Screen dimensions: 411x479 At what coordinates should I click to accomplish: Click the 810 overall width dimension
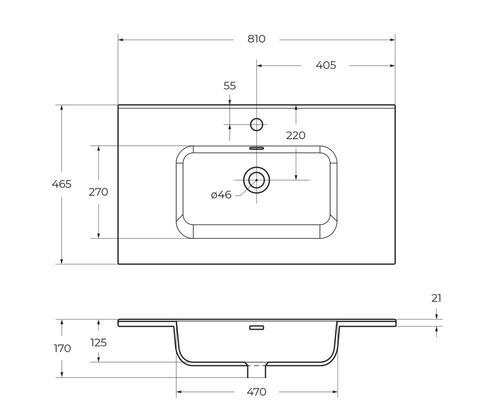pyautogui.click(x=256, y=39)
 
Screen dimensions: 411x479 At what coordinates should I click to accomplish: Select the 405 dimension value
pyautogui.click(x=326, y=65)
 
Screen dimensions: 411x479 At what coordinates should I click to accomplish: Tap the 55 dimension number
pyautogui.click(x=230, y=86)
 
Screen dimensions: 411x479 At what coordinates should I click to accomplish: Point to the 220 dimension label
pyautogui.click(x=296, y=136)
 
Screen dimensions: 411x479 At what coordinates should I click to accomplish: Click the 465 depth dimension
pyautogui.click(x=62, y=184)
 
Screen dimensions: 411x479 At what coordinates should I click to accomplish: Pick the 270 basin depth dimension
pyautogui.click(x=98, y=192)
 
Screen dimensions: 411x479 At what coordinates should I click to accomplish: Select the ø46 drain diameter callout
pyautogui.click(x=221, y=195)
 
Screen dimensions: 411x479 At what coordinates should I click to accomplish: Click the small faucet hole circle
pyautogui.click(x=257, y=125)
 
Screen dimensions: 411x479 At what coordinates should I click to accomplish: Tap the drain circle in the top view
pyautogui.click(x=257, y=180)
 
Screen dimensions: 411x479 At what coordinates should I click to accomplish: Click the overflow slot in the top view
pyautogui.click(x=256, y=148)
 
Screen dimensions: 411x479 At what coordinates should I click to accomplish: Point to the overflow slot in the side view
pyautogui.click(x=256, y=328)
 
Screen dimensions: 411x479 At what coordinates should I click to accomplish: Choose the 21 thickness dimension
pyautogui.click(x=436, y=298)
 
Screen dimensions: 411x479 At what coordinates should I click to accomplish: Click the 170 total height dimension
pyautogui.click(x=62, y=348)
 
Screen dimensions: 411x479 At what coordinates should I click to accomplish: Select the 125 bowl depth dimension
pyautogui.click(x=98, y=343)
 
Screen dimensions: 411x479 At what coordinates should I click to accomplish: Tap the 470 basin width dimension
pyautogui.click(x=256, y=392)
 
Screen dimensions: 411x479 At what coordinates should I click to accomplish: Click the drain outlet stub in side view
pyautogui.click(x=256, y=370)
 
